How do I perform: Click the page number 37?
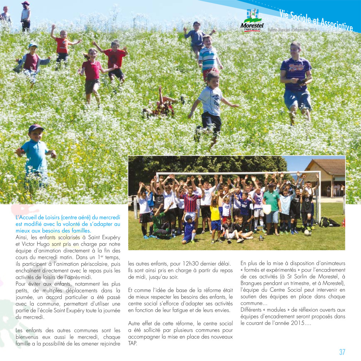coord(342,352)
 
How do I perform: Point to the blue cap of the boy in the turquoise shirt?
coord(36,128)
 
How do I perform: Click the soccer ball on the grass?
coord(308,233)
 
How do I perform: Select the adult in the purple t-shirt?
coord(296,79)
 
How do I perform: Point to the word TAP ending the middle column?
coord(132,343)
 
